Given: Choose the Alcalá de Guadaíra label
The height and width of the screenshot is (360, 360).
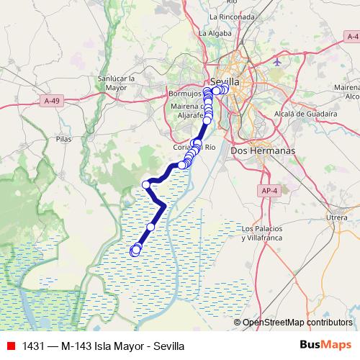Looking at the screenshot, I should [306, 114].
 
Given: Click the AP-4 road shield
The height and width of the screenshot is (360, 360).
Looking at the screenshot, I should [269, 191].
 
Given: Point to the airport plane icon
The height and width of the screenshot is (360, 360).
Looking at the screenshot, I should [278, 63].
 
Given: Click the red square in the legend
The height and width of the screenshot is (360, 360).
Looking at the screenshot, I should [9, 346].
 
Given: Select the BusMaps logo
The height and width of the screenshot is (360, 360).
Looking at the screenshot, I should [325, 345].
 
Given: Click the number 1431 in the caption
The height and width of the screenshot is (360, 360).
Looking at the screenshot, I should [34, 346].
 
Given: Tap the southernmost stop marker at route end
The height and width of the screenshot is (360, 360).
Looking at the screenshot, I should [135, 251].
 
